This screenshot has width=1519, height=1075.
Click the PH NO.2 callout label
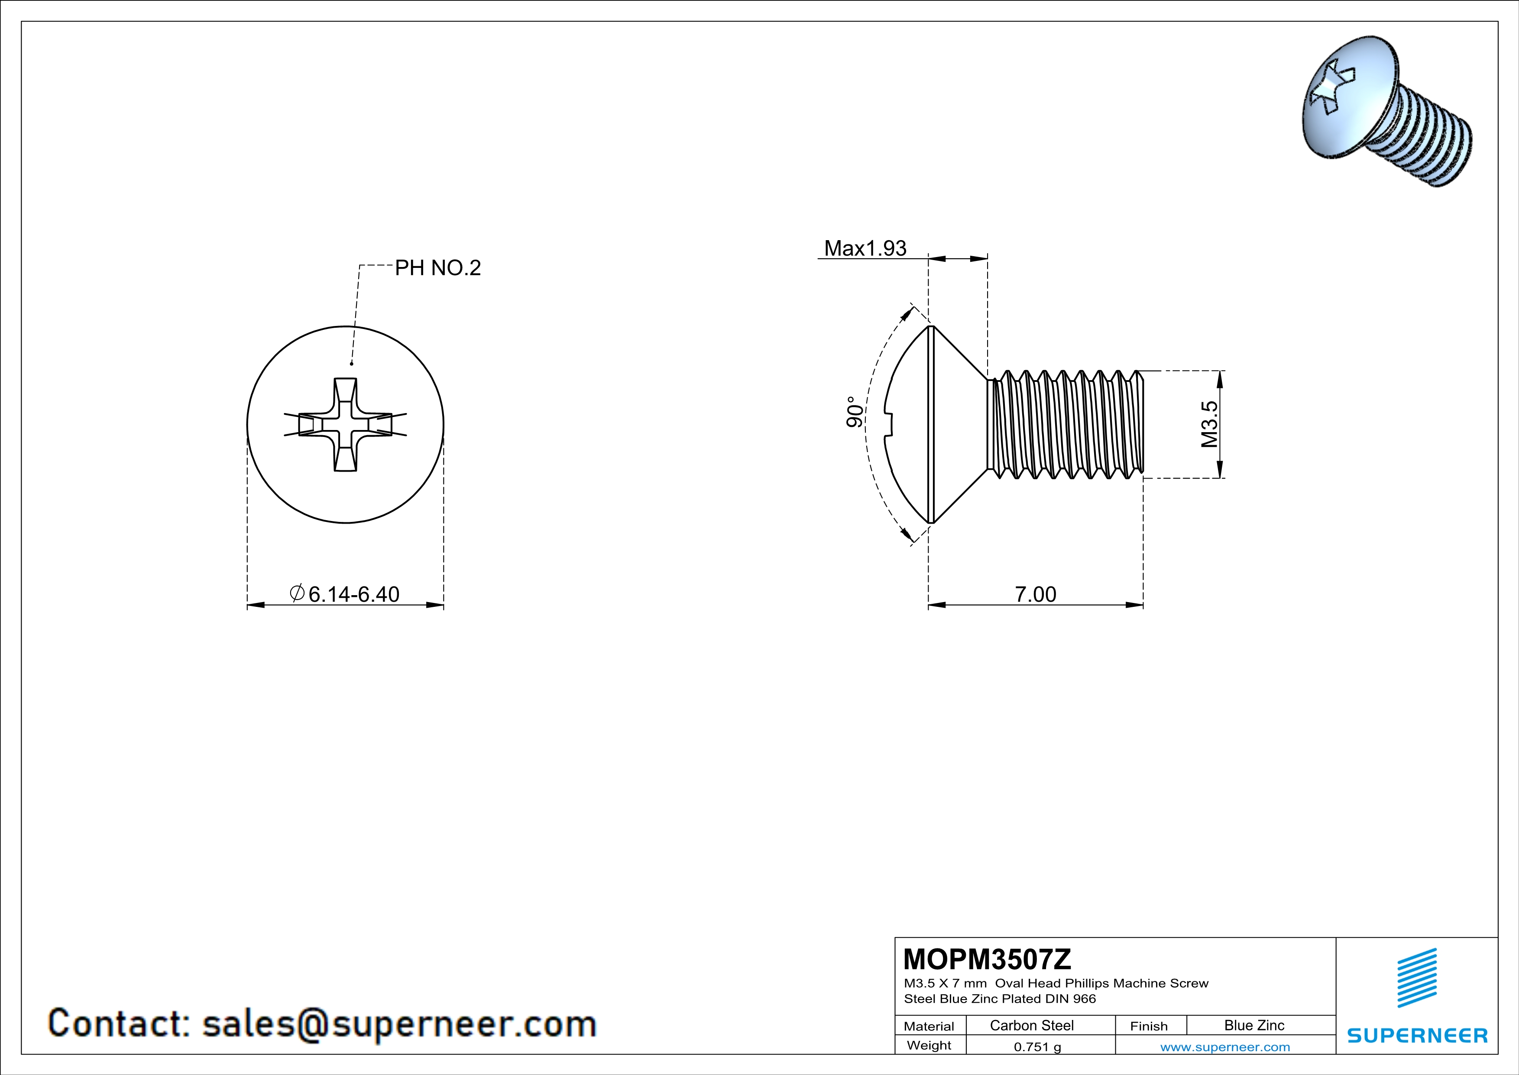(x=437, y=268)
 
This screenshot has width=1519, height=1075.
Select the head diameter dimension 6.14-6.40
(x=353, y=594)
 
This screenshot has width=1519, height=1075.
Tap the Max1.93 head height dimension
(x=865, y=248)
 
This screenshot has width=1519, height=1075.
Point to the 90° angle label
(x=855, y=412)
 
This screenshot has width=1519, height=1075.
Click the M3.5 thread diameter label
(x=1209, y=424)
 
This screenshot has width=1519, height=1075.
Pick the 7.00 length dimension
(x=1035, y=594)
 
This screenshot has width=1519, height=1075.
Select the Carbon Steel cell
(x=1031, y=1025)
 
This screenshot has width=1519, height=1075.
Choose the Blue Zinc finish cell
(x=1253, y=1025)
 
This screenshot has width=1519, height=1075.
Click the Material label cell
(x=929, y=1026)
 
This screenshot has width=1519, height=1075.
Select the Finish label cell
(x=1149, y=1026)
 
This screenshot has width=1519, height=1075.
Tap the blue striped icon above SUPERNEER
(x=1416, y=978)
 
